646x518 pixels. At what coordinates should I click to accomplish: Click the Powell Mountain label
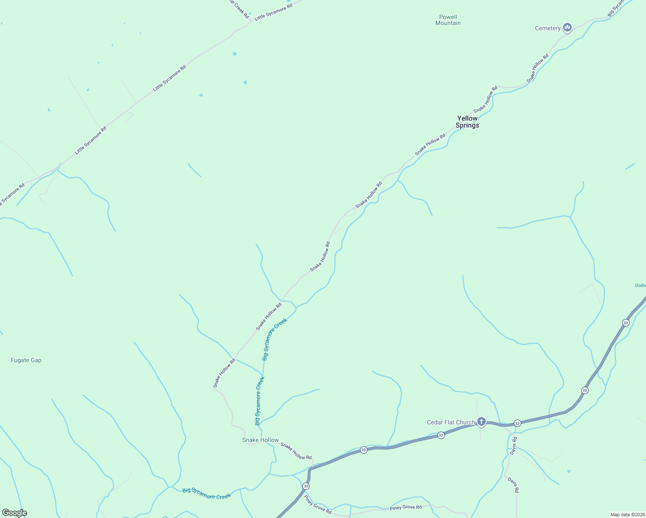[448, 20]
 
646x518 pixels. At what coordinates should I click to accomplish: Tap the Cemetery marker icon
[567, 28]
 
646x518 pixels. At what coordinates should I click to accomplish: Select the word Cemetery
[548, 28]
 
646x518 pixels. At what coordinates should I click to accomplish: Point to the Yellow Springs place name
[467, 122]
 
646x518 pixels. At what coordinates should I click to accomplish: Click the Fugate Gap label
[26, 360]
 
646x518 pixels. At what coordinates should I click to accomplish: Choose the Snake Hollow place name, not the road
[260, 440]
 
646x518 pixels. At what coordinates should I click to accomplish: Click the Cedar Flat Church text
[451, 423]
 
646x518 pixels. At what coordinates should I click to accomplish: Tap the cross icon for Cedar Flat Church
[481, 422]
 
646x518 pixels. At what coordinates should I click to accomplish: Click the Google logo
[15, 513]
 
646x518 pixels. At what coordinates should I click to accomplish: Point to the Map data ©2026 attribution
[627, 515]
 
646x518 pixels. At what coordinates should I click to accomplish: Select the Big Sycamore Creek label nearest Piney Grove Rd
[206, 494]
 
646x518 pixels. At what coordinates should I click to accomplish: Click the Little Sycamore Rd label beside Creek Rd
[273, 12]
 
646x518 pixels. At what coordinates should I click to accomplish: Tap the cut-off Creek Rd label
[239, 9]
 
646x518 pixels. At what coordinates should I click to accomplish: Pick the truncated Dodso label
[640, 285]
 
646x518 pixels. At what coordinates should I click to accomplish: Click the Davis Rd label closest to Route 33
[513, 445]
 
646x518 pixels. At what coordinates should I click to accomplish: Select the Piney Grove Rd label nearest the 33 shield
[317, 505]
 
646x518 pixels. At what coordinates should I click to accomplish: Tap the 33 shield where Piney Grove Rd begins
[306, 486]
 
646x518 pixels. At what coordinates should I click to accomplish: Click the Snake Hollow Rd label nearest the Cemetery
[537, 68]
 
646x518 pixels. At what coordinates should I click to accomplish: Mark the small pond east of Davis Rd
[569, 471]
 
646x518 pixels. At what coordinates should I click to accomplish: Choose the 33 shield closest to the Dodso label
[626, 322]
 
